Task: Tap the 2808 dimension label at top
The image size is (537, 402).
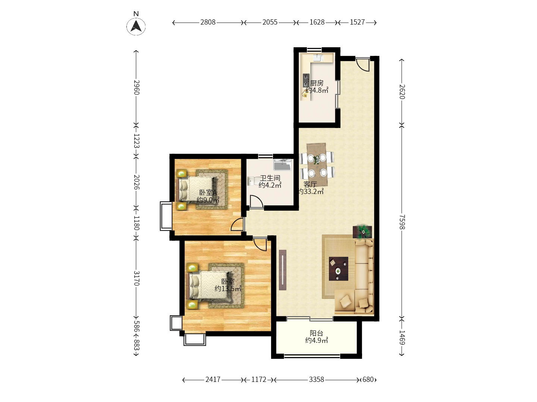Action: (x=208, y=22)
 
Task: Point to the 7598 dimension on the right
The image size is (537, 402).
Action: (x=402, y=222)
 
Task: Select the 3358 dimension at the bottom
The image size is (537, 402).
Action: (x=316, y=379)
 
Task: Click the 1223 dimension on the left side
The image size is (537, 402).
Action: (x=136, y=141)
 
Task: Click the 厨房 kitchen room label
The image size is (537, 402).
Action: (x=317, y=83)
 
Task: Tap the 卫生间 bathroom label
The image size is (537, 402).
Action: (x=270, y=178)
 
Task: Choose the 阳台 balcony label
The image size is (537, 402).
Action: (x=316, y=333)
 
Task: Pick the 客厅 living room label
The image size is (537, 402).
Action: (x=310, y=184)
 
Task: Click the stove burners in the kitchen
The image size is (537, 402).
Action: (x=306, y=80)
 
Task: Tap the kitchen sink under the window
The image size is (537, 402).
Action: (x=318, y=58)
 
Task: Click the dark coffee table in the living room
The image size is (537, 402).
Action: (x=338, y=268)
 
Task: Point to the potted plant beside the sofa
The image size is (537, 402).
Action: (x=362, y=232)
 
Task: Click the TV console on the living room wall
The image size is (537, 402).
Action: (x=282, y=270)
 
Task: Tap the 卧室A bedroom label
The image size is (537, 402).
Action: (x=208, y=192)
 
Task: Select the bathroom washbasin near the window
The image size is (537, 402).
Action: (x=283, y=165)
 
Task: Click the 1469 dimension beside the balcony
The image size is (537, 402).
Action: (x=402, y=337)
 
